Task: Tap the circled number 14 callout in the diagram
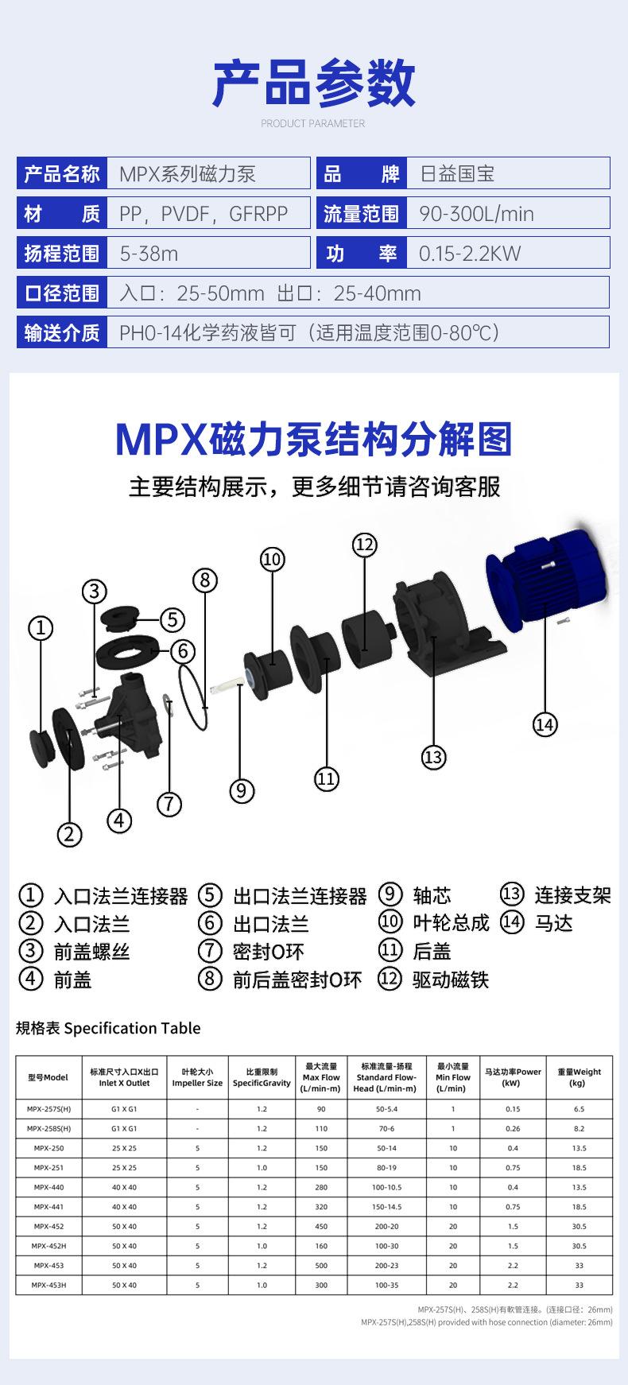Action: [545, 724]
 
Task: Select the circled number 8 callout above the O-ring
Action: [205, 580]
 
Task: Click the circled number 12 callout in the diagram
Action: [364, 545]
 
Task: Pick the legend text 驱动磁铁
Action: [451, 980]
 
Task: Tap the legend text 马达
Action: [554, 923]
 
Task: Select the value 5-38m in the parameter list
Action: [149, 254]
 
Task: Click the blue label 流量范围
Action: [362, 214]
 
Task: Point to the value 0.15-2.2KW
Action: [469, 254]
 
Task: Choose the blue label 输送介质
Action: [62, 332]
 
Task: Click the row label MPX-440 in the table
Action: [49, 1187]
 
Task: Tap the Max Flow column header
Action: [321, 1078]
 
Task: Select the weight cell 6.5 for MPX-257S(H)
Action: [579, 1108]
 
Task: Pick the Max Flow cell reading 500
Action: [321, 1265]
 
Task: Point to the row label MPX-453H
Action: [49, 1285]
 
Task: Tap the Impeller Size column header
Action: [197, 1078]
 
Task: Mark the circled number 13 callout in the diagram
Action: [433, 757]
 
